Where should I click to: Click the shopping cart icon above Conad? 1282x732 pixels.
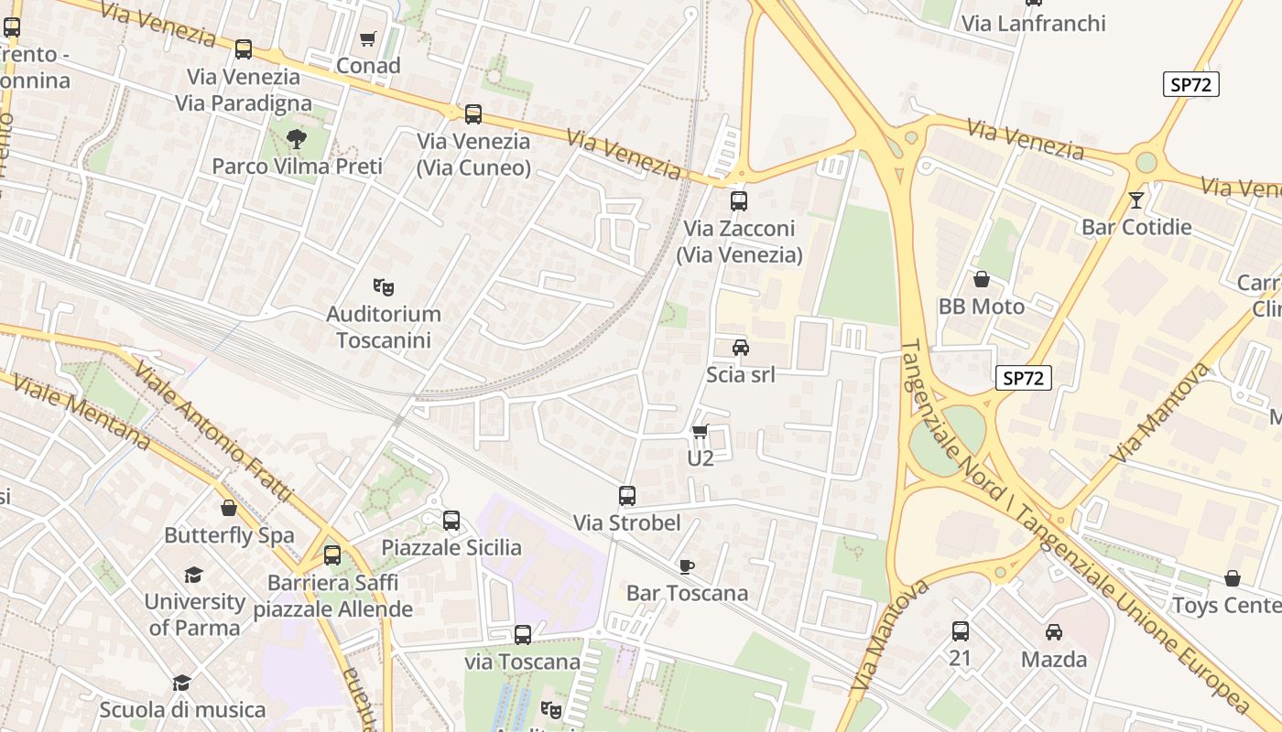pos(368,38)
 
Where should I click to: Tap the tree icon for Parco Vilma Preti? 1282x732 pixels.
pos(296,139)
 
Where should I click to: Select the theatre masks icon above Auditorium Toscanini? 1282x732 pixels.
pos(384,287)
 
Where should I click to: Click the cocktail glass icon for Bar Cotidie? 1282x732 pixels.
pos(1136,199)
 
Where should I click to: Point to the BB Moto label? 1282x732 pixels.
pos(981,307)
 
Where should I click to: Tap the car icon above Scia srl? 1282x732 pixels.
pos(740,348)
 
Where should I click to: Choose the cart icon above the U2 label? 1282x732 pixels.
pos(701,431)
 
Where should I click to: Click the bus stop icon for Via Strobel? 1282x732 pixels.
pos(627,496)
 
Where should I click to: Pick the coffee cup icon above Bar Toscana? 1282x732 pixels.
pos(687,566)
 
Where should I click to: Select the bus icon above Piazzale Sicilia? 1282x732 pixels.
pos(451,521)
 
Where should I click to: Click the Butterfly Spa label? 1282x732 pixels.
pos(229,535)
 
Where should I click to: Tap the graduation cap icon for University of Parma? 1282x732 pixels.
pos(193,575)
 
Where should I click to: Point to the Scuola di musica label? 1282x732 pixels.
pos(182,709)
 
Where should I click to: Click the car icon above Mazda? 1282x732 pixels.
pos(1054,632)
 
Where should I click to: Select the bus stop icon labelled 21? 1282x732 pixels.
pos(960,631)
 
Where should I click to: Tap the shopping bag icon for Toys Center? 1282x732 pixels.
pos(1233,578)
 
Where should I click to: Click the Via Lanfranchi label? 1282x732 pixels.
pos(1033,24)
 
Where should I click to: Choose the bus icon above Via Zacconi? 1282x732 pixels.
pos(739,201)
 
